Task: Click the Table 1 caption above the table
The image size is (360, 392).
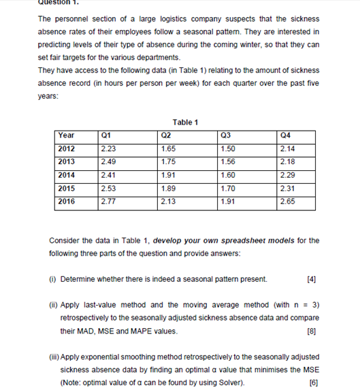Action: (185, 122)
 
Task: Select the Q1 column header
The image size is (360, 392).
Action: (105, 135)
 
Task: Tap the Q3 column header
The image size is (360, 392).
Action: (227, 135)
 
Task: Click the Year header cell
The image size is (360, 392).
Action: (67, 135)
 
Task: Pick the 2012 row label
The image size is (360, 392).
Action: (67, 148)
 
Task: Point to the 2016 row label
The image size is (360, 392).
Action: (67, 201)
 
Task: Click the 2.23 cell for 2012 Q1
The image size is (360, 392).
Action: (108, 148)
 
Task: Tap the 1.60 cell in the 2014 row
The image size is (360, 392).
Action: (228, 175)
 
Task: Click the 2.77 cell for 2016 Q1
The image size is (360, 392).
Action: (108, 201)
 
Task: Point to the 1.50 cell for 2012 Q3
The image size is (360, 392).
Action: (228, 148)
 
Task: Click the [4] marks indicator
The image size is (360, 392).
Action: (312, 279)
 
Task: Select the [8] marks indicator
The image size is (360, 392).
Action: (312, 331)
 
